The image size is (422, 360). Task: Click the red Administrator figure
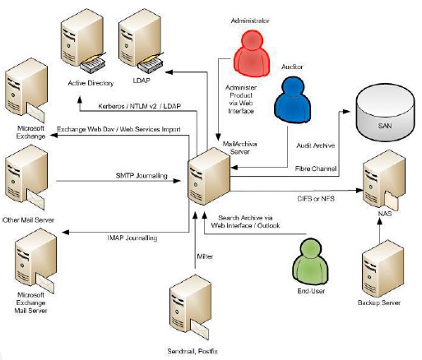tap(252, 53)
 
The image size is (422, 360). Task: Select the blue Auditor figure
tap(293, 99)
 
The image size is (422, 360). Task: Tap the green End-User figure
tap(311, 262)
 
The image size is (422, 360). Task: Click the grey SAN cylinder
tap(385, 113)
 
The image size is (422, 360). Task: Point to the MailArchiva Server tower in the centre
tap(209, 177)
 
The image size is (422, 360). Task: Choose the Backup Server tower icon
tap(383, 269)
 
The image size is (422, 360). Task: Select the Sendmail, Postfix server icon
tap(190, 307)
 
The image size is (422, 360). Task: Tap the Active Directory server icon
tap(83, 41)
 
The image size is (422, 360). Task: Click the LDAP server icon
tap(141, 41)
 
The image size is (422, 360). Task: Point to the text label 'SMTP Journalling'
tap(141, 176)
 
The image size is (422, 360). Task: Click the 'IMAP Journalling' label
tap(132, 238)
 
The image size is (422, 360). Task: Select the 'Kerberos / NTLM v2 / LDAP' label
tap(140, 106)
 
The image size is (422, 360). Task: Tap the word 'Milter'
tap(205, 256)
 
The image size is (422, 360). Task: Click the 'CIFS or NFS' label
tap(316, 198)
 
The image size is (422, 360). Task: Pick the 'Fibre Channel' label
tap(316, 168)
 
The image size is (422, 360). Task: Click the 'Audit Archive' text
tap(316, 145)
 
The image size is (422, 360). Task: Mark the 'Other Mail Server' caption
tap(28, 219)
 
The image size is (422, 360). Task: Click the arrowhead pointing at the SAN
tap(346, 112)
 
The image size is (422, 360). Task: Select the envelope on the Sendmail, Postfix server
tap(200, 330)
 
